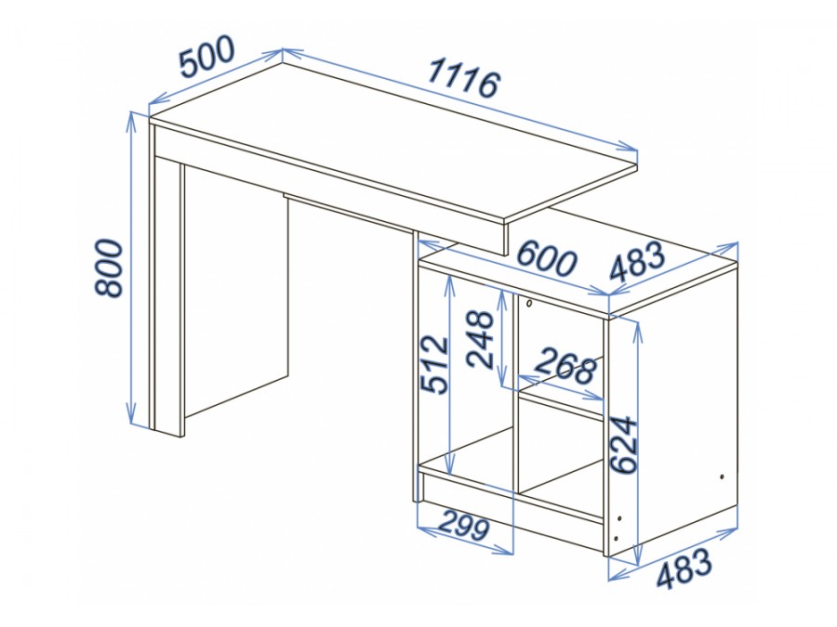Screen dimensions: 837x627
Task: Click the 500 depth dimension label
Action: pos(206,56)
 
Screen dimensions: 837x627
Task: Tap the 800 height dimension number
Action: pos(109,268)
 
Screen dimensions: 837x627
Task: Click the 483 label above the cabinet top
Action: pos(637,261)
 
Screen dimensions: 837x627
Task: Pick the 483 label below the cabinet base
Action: pos(684,568)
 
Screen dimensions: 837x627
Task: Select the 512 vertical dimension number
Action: pos(434,365)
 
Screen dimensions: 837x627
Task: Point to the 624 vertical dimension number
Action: pos(624,445)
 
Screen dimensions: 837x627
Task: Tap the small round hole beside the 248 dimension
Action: pos(528,304)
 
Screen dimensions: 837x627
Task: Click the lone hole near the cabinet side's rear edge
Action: pos(722,477)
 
